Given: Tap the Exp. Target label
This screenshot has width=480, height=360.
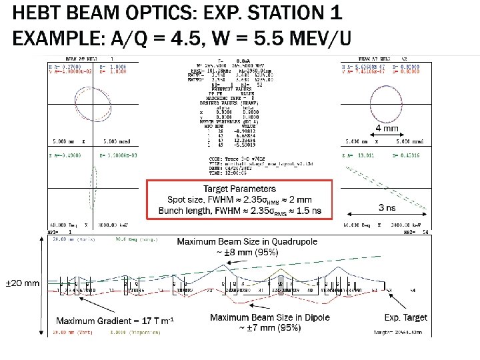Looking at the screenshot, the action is pyautogui.click(x=406, y=317).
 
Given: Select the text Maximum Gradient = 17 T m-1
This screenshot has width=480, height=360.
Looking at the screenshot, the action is pyautogui.click(x=115, y=321).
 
